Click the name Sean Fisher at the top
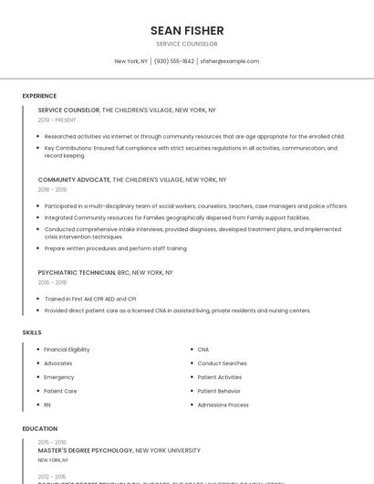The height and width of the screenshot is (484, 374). (x=187, y=30)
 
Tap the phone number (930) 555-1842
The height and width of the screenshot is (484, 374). (x=173, y=61)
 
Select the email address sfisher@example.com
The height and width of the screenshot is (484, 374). (x=230, y=61)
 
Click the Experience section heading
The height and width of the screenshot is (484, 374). (x=39, y=96)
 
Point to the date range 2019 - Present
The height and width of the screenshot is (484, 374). (x=57, y=120)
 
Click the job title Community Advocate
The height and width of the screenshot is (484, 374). (x=69, y=180)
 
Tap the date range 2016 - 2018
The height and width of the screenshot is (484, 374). (x=52, y=282)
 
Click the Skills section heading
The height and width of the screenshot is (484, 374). (x=32, y=332)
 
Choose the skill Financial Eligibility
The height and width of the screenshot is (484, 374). (x=67, y=350)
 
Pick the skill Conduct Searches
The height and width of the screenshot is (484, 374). (x=222, y=363)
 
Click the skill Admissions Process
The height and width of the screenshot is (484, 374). (x=223, y=405)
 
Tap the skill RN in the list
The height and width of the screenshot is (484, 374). (x=47, y=405)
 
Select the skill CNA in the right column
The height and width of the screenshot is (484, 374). (x=203, y=350)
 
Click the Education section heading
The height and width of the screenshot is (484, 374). (x=40, y=428)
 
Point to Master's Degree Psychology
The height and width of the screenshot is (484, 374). (x=86, y=450)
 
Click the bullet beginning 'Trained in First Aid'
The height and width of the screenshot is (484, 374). (x=90, y=299)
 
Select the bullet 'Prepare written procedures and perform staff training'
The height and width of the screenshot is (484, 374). (x=116, y=248)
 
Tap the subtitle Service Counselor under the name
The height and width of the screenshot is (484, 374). (x=187, y=44)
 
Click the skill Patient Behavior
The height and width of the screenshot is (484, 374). (x=219, y=391)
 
